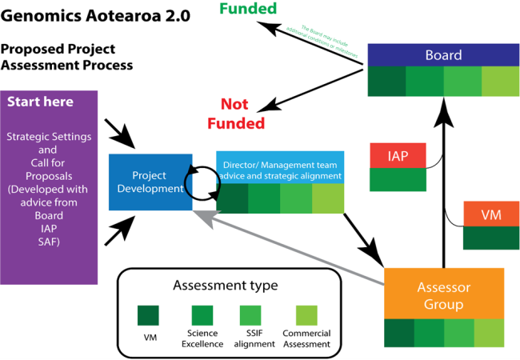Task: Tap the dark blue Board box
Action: point(443,55)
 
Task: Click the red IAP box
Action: point(398,155)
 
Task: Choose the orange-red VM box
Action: point(491,214)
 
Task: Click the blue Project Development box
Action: point(150,182)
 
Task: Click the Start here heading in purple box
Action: point(40,102)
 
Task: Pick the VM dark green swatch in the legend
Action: point(150,314)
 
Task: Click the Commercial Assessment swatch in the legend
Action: point(306,314)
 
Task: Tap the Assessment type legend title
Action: point(225,285)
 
